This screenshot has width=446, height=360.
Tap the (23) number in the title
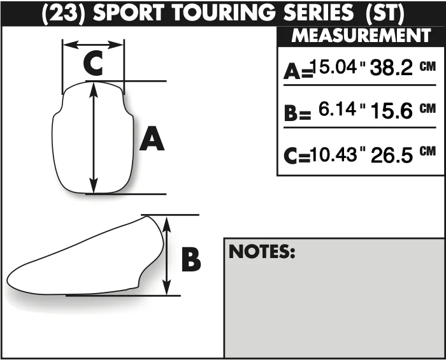pyautogui.click(x=64, y=13)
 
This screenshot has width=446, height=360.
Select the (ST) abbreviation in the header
pyautogui.click(x=385, y=13)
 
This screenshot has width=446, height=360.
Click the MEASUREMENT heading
pyautogui.click(x=361, y=36)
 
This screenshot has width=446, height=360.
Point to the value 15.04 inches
pyautogui.click(x=334, y=67)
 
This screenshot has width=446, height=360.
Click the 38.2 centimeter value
pyautogui.click(x=391, y=68)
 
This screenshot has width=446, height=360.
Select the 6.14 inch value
pyautogui.click(x=337, y=109)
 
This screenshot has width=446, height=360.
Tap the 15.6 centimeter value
pyautogui.click(x=392, y=111)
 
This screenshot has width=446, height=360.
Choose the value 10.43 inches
pyautogui.click(x=333, y=155)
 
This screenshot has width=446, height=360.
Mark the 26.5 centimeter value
pyautogui.click(x=392, y=155)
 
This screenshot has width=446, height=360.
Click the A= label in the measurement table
pyautogui.click(x=298, y=71)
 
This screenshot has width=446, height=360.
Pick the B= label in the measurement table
pyautogui.click(x=298, y=113)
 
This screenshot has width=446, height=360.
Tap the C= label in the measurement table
pyautogui.click(x=297, y=155)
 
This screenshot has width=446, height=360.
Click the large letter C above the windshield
pyautogui.click(x=93, y=63)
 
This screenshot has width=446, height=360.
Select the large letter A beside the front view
pyautogui.click(x=152, y=139)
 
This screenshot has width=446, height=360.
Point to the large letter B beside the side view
pyautogui.click(x=191, y=259)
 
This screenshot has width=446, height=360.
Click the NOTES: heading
pyautogui.click(x=262, y=252)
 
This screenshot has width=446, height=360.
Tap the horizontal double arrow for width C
pyautogui.click(x=93, y=45)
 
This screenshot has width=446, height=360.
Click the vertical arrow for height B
pyautogui.click(x=167, y=256)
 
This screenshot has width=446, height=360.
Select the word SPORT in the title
pyautogui.click(x=129, y=13)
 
